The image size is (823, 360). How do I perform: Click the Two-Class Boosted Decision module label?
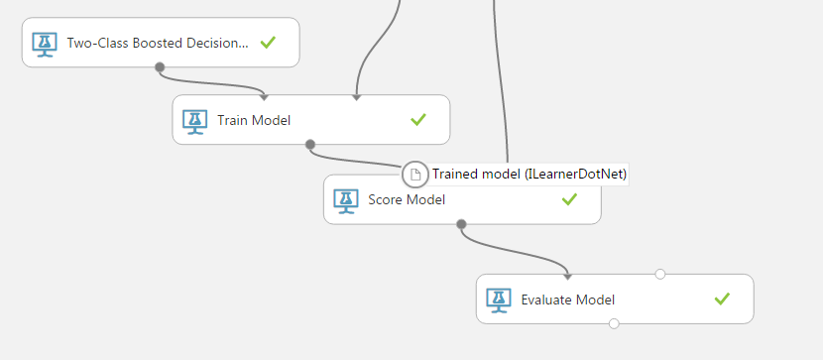[158, 43]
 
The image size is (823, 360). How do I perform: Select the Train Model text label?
[254, 121]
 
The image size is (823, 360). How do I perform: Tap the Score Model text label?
[407, 200]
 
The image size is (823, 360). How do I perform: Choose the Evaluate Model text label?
[568, 300]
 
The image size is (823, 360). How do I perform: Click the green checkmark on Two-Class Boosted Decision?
[268, 43]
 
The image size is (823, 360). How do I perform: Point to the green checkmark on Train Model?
[418, 120]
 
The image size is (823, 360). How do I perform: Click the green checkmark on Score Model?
[569, 199]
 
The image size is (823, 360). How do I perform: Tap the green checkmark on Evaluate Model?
[722, 300]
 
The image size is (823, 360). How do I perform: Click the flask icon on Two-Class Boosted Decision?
[45, 45]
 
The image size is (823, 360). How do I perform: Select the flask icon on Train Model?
[195, 122]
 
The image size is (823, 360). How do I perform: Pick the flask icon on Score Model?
[346, 201]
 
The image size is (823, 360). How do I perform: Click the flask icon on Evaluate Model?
[499, 301]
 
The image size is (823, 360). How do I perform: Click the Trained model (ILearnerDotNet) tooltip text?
[529, 175]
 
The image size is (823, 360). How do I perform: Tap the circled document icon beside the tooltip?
[415, 175]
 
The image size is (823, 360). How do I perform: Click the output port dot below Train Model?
[310, 145]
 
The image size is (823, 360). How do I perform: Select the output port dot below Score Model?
[461, 224]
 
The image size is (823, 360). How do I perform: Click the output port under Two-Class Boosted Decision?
[160, 67]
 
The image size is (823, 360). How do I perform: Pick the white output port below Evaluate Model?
[614, 323]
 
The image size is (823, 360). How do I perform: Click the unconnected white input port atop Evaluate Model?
[660, 274]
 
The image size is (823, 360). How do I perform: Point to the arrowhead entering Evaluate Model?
[567, 277]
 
